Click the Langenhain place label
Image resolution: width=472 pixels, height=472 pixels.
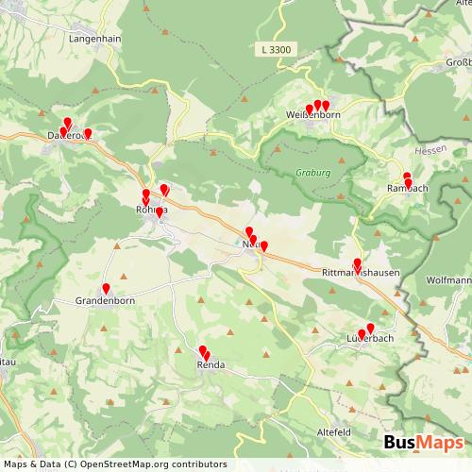[93, 39]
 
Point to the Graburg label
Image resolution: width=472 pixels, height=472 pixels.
[312, 173]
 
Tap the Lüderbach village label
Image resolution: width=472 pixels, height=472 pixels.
[369, 338]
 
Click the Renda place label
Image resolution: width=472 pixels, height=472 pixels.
[210, 363]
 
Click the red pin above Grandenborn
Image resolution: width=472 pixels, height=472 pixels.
[106, 288]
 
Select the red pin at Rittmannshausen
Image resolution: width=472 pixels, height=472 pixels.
[357, 263]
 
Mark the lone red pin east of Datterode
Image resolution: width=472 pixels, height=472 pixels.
[88, 133]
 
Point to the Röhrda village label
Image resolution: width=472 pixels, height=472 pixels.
[152, 209]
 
